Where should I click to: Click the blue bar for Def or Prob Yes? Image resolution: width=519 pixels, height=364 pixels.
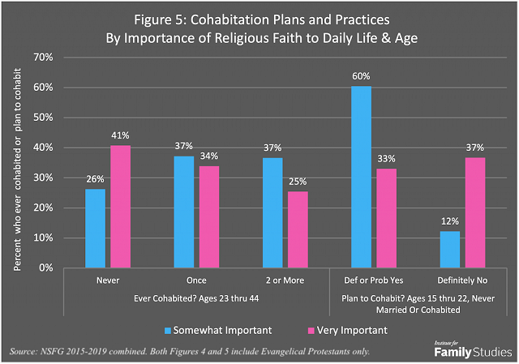click(361, 177)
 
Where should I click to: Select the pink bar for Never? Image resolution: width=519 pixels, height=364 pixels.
click(120, 206)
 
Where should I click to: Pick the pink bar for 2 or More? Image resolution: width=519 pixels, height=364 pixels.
click(297, 229)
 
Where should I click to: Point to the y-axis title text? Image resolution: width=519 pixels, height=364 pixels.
click(17, 162)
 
